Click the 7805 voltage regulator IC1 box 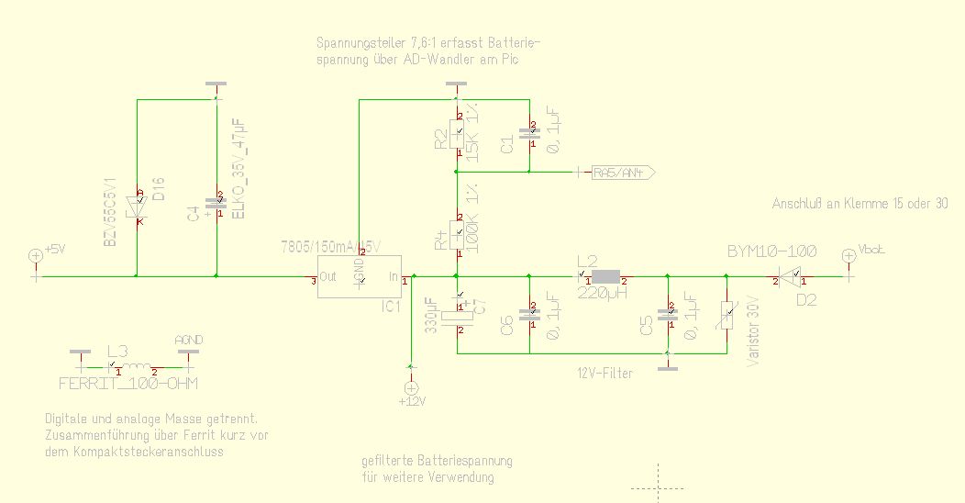click(360, 275)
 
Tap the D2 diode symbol click(794, 275)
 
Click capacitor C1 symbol click(529, 136)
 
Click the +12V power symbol click(410, 389)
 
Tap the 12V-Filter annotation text click(605, 373)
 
